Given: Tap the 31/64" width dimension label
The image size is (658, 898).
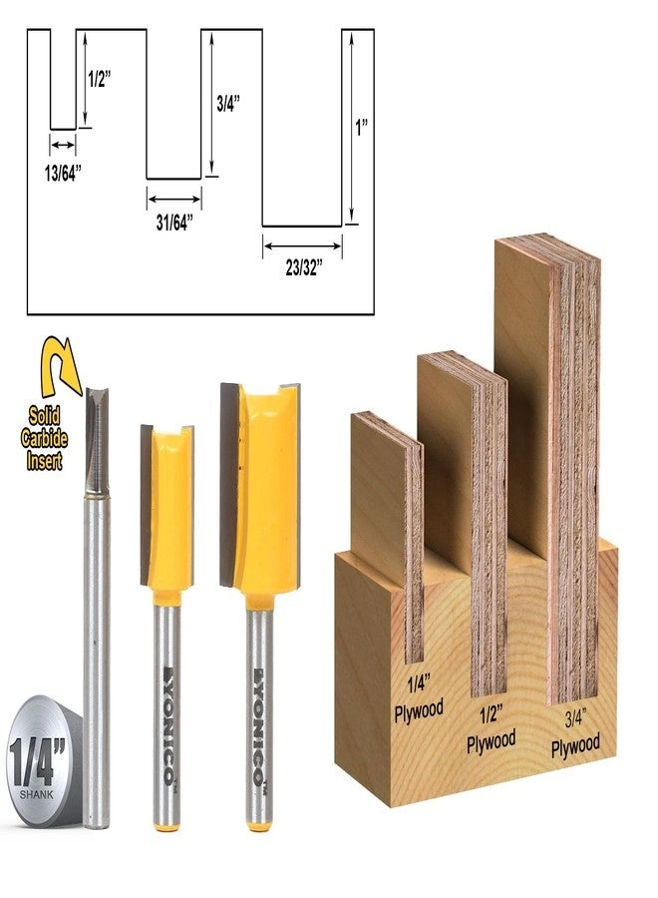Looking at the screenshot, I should click(x=174, y=221).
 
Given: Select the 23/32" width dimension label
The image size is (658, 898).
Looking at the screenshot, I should click(x=301, y=266).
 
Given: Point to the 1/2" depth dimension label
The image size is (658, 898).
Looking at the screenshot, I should click(x=97, y=81).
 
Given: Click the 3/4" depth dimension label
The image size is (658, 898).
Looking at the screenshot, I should click(x=228, y=102).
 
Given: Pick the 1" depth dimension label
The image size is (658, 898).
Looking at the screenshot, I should click(x=363, y=127).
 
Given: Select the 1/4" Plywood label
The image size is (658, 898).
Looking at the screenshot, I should click(x=419, y=695).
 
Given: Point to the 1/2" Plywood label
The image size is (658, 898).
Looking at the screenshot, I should click(x=492, y=729).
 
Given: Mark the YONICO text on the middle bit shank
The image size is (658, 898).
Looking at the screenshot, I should click(x=167, y=697).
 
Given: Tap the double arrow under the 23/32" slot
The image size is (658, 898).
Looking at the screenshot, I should click(x=302, y=243).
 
